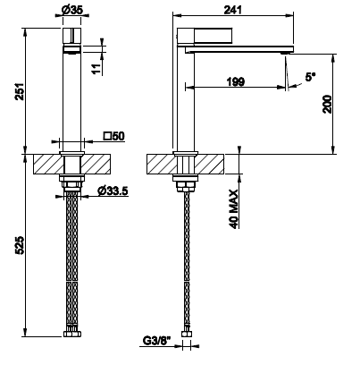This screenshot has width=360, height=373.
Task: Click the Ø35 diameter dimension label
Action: pyautogui.click(x=72, y=10)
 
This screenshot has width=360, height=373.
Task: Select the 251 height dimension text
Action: pyautogui.click(x=20, y=91)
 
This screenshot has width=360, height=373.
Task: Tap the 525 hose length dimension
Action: pyautogui.click(x=20, y=245)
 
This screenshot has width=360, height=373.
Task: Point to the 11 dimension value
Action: pyautogui.click(x=96, y=69)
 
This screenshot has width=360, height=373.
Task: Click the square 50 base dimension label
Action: pyautogui.click(x=114, y=136)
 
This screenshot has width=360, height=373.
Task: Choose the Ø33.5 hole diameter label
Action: pyautogui.click(x=113, y=191)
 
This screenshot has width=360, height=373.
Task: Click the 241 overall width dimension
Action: pyautogui.click(x=233, y=10)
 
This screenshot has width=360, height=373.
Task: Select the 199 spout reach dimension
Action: pyautogui.click(x=236, y=81)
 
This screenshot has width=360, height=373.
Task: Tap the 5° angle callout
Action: pyautogui.click(x=310, y=77)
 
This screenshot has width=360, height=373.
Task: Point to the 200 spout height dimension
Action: pyautogui.click(x=327, y=104)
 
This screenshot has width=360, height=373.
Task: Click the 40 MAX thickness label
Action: pyautogui.click(x=234, y=209)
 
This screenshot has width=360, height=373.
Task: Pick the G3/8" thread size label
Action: pyautogui.click(x=157, y=340)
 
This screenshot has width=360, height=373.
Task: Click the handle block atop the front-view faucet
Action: pyautogui.click(x=72, y=36)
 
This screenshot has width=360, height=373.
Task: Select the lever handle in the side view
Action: pyautogui.click(x=213, y=36)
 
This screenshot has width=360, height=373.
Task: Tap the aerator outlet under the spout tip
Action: pyautogui.click(x=286, y=54)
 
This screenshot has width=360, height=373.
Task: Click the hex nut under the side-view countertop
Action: pyautogui.click(x=185, y=187)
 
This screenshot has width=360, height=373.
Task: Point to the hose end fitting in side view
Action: pyautogui.click(x=187, y=334)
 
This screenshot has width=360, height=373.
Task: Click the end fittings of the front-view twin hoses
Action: pyautogui.click(x=72, y=334)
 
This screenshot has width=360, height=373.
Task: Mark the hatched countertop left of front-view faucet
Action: pyautogui.click(x=47, y=164)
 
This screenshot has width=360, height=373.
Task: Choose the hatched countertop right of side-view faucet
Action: pyautogui.click(x=210, y=164)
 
